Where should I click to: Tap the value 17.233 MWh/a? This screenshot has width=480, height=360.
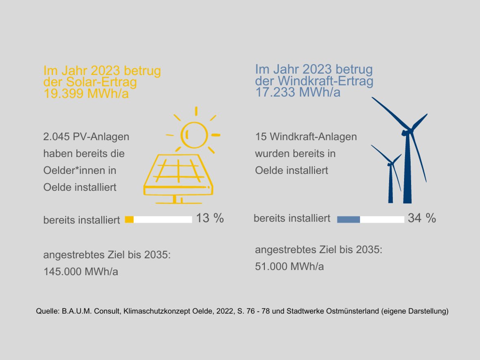[x=298, y=92]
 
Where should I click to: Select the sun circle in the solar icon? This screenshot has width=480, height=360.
[x=194, y=134]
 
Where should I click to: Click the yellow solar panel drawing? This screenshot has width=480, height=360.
[x=178, y=177]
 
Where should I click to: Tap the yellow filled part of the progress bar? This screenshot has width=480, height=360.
[x=129, y=220]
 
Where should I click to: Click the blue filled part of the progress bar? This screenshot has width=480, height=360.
[x=348, y=220]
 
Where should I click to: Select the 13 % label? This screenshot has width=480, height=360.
[x=210, y=218]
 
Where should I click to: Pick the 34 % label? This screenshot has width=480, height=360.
[x=422, y=218]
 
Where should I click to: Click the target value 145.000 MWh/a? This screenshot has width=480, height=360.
[x=81, y=272]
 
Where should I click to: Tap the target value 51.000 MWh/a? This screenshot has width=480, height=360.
[x=289, y=266]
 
